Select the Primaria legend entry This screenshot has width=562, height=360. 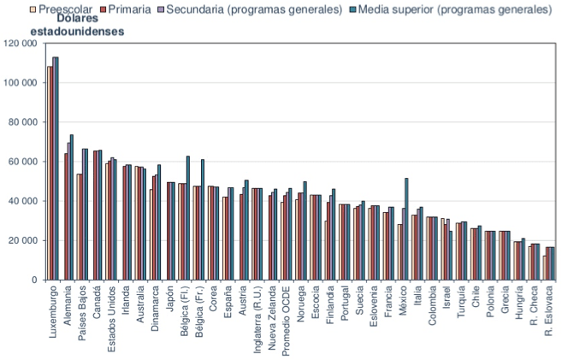[120, 9]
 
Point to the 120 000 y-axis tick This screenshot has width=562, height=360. [20, 44]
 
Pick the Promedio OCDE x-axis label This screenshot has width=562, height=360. [285, 321]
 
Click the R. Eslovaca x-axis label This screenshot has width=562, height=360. [550, 316]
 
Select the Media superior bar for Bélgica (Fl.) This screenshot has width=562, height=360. [188, 218]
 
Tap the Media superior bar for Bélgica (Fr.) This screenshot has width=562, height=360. [203, 219]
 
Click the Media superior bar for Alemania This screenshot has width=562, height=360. [72, 207]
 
